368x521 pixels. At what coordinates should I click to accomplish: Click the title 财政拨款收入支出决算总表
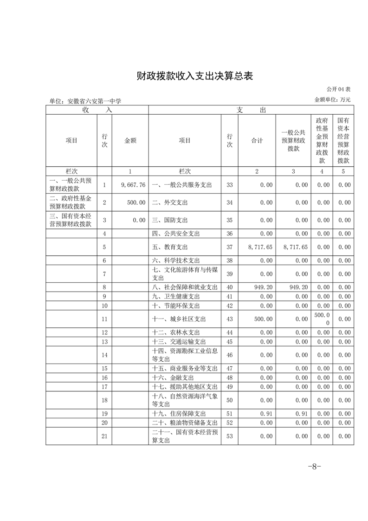[194, 76]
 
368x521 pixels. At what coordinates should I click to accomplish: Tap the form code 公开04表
[338, 89]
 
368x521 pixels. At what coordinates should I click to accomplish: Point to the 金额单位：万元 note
[332, 99]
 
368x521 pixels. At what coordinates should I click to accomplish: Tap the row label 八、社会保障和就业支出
[185, 287]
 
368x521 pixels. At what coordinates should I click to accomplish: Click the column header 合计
[257, 141]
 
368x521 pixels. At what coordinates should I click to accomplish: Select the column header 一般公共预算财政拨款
[293, 141]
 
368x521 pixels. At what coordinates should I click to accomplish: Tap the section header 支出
[251, 110]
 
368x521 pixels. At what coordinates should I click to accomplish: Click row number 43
[229, 319]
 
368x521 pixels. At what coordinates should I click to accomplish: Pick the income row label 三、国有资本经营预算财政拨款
[71, 220]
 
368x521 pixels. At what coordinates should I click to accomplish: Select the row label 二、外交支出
[170, 202]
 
